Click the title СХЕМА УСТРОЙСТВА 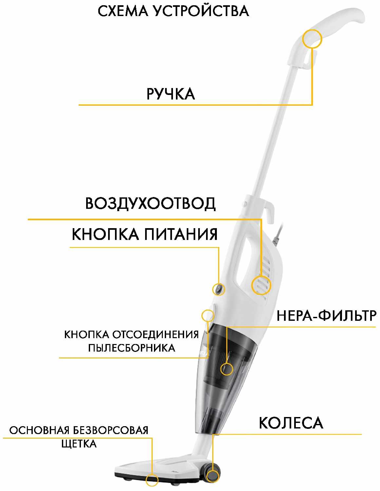point(173,11)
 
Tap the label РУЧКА point(171,94)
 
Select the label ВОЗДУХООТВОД point(150,204)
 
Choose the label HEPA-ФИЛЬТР point(327,316)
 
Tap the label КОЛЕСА point(291,423)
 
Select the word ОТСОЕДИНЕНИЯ point(155,335)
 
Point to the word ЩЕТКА point(79,444)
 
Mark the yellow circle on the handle point(312,38)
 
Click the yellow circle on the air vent point(261,285)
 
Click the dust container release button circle point(208,316)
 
